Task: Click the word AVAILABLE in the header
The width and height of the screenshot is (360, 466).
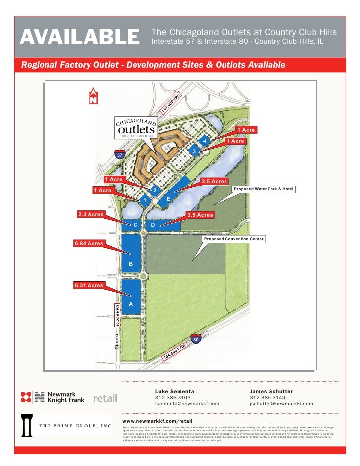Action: [80, 36]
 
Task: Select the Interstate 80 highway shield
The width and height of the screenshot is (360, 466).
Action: [196, 339]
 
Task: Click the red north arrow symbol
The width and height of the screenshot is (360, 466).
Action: [93, 96]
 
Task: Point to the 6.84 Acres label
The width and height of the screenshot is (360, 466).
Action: [89, 243]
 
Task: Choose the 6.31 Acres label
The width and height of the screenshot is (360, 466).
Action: [89, 285]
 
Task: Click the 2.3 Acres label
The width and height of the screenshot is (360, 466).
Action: [90, 214]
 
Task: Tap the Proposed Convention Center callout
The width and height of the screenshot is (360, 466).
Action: [234, 239]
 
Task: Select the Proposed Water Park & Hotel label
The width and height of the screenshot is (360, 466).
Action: [264, 189]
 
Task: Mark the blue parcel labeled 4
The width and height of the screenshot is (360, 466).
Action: [203, 141]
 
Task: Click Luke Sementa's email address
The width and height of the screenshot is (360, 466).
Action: [187, 404]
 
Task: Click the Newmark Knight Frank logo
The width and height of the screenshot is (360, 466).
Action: [52, 397]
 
